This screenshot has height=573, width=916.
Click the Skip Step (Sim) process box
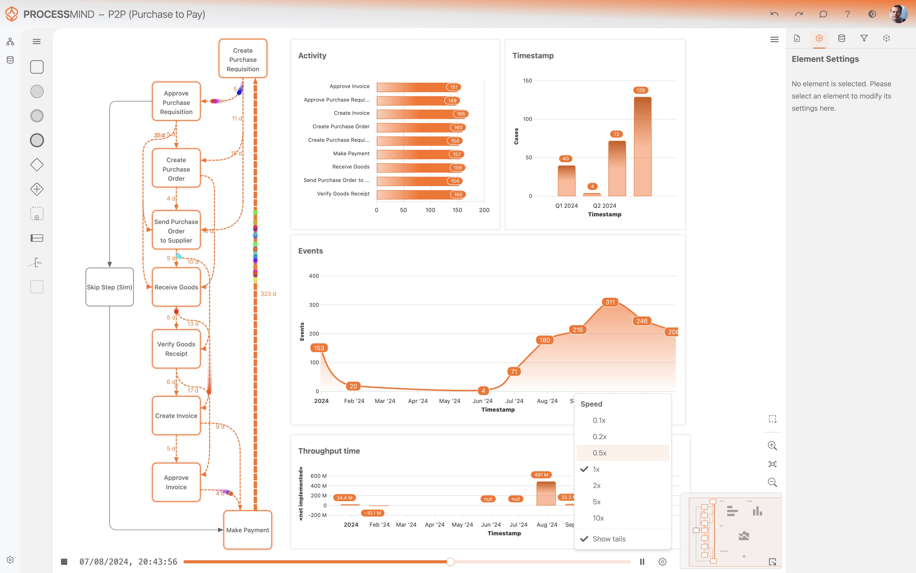[109, 287]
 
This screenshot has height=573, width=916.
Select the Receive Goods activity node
[176, 287]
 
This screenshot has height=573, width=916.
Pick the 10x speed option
[598, 518]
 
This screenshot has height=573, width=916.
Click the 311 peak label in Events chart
[610, 302]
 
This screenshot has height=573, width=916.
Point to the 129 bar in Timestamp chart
[642, 146]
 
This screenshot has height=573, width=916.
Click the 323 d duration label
[268, 294]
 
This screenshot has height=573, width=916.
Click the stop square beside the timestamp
[64, 562]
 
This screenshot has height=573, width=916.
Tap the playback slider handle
[450, 562]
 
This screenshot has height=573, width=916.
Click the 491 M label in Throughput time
[541, 475]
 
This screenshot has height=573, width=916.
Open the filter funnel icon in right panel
[864, 38]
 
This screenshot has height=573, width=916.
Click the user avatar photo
[898, 14]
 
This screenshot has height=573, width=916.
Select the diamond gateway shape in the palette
[37, 164]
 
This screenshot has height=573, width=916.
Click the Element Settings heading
[825, 59]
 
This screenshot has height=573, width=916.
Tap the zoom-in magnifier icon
[772, 446]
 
